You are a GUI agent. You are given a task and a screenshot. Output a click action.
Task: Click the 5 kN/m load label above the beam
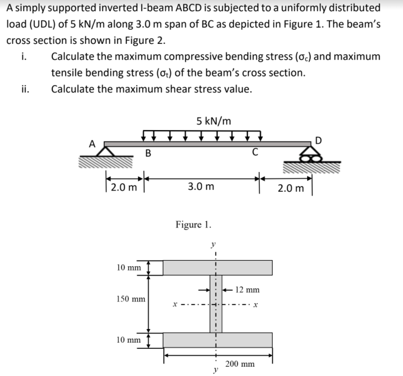[x=213, y=121]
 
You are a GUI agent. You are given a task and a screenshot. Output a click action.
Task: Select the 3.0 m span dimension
[x=201, y=187]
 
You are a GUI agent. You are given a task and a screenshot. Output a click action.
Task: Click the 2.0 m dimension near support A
[x=123, y=187]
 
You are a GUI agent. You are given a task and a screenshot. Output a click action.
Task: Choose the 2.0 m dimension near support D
[x=290, y=188]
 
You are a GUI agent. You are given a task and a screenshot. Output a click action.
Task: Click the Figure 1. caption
[x=194, y=225]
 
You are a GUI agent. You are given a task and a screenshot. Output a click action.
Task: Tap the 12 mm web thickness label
[x=247, y=290]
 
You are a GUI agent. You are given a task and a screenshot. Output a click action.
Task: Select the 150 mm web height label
[x=130, y=299]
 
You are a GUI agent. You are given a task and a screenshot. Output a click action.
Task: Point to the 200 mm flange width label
[x=240, y=364]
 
